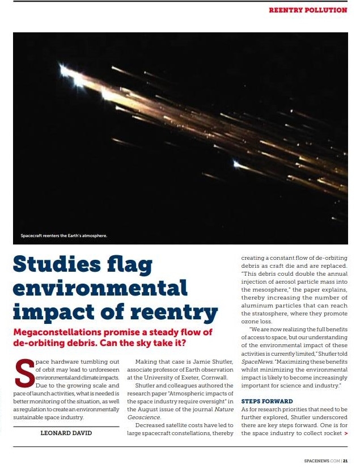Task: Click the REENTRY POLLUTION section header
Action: click(307, 10)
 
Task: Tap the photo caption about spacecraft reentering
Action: click(63, 235)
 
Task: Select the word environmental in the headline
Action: click(100, 288)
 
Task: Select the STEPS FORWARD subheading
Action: click(267, 401)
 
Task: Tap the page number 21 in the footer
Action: click(345, 461)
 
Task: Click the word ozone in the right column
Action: click(251, 321)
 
